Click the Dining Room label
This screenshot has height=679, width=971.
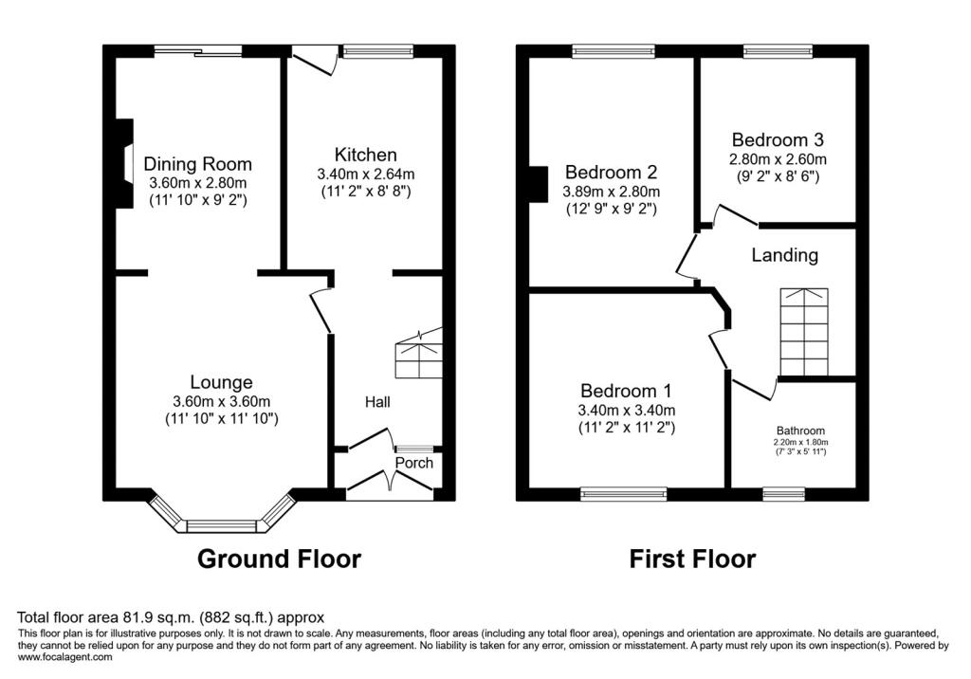[197, 164]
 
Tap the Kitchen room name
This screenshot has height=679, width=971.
[365, 155]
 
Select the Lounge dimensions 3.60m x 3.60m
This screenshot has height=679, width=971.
[222, 401]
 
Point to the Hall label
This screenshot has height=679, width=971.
[377, 402]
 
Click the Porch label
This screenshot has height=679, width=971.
[414, 463]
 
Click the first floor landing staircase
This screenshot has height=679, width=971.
[804, 332]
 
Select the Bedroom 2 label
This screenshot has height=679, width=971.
[612, 172]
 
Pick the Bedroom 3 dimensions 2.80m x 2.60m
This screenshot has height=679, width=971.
[778, 159]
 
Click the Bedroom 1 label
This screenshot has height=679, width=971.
[626, 391]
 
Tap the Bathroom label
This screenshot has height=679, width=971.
[800, 431]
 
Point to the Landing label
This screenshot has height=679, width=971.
[784, 255]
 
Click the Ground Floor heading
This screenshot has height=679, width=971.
[280, 559]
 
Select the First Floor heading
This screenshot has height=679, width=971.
[692, 559]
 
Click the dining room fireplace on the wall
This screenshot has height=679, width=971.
[126, 163]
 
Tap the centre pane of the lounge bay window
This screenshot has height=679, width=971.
[221, 526]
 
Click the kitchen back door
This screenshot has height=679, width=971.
[315, 64]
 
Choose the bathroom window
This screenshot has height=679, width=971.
[784, 494]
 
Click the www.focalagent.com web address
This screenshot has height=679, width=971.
[65, 657]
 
